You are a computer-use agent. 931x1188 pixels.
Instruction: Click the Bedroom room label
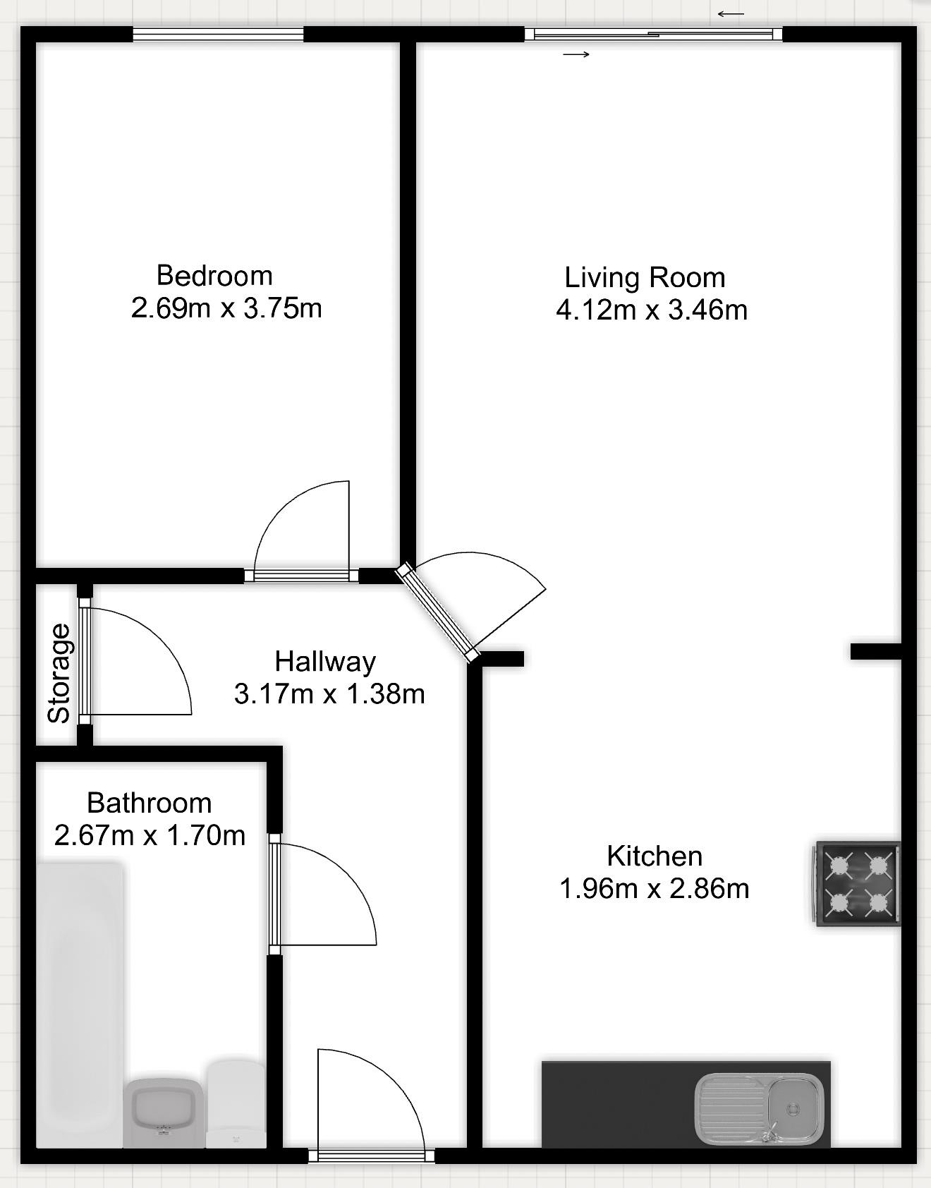click(214, 275)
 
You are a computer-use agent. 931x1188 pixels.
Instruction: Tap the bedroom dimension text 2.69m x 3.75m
click(226, 308)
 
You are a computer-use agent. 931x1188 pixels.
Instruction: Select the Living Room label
click(645, 277)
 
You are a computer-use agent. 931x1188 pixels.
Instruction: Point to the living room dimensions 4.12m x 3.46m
click(652, 310)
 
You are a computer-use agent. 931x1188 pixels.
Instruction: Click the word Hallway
click(325, 661)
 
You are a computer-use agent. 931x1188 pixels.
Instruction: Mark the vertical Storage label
click(59, 673)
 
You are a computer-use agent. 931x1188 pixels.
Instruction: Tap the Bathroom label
click(149, 803)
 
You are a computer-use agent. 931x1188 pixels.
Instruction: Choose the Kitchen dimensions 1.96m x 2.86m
click(654, 888)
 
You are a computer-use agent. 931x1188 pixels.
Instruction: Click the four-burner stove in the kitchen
click(858, 884)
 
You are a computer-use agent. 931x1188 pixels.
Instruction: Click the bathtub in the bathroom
click(79, 1002)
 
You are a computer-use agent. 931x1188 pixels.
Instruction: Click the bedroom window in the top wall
click(219, 34)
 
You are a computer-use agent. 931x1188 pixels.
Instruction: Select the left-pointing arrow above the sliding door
click(731, 13)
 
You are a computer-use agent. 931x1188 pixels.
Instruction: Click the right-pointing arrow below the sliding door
click(576, 54)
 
